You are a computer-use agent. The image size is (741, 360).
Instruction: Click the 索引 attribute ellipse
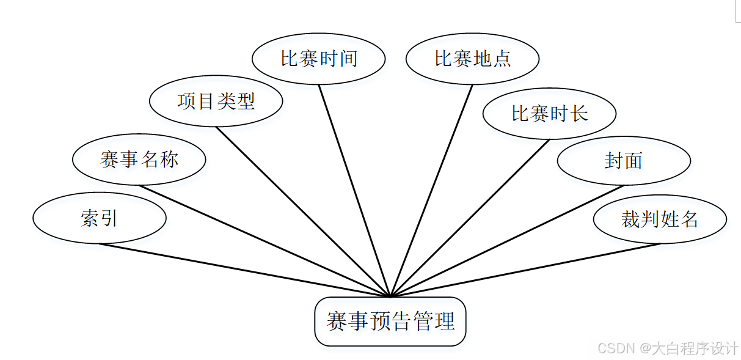[x=99, y=219]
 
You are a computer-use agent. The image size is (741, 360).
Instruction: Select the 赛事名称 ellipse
[x=139, y=160]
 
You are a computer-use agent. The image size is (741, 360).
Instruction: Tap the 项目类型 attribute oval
[x=216, y=101]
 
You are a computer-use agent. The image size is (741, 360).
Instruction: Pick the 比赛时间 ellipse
[x=318, y=59]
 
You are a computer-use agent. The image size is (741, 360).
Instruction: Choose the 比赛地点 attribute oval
[x=472, y=59]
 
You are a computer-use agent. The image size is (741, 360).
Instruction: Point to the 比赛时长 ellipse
[x=549, y=114]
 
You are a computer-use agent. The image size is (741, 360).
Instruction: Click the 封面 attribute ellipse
[x=624, y=161]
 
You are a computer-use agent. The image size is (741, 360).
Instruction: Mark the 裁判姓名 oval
[x=660, y=219]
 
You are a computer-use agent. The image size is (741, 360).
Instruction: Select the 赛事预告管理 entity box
[x=390, y=321]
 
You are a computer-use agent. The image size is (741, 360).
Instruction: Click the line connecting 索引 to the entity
[x=244, y=270]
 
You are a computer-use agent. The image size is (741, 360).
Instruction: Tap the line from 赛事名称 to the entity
[x=265, y=241]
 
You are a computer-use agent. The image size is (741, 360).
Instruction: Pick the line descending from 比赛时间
[x=354, y=190]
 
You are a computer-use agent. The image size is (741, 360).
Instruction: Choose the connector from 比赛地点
[x=431, y=190]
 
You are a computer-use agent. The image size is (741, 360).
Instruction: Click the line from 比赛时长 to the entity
[x=470, y=218]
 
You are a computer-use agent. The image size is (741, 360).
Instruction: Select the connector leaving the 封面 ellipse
[x=507, y=241]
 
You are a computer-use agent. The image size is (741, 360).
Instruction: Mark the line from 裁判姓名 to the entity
[x=525, y=270]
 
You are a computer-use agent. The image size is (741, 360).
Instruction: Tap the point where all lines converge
[x=390, y=296]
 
